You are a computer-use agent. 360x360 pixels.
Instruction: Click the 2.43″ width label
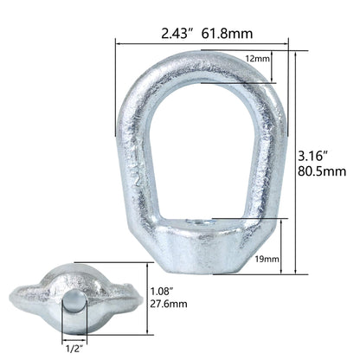(177, 35)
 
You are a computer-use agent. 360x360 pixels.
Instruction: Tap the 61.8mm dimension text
(227, 35)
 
